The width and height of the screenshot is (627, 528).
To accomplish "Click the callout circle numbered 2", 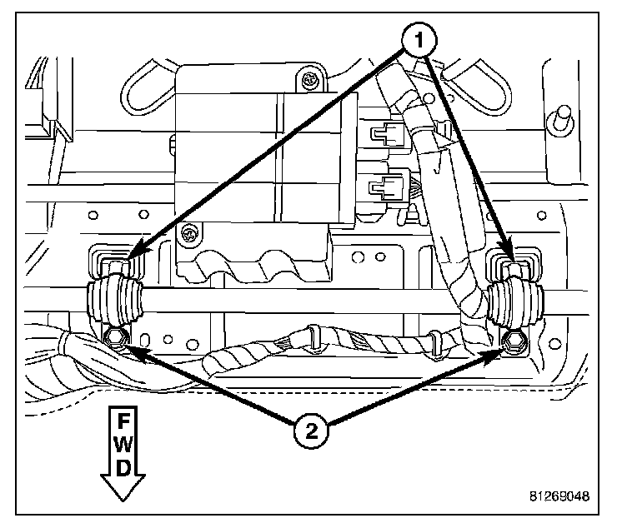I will (x=311, y=430).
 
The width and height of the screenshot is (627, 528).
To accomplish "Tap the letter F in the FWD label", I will (x=123, y=417).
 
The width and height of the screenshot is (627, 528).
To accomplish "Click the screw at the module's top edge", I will (x=309, y=82).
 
